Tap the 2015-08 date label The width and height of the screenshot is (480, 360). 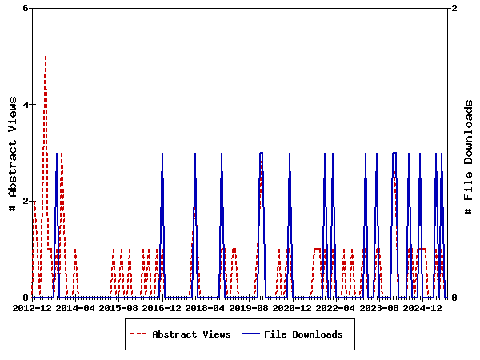(x=118, y=307)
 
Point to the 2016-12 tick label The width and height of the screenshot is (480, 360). (x=162, y=307)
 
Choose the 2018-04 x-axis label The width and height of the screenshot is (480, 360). (x=205, y=307)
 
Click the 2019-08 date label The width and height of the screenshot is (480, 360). (x=249, y=307)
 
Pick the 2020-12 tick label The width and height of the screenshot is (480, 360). (x=292, y=307)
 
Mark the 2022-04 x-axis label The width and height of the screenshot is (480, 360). (x=335, y=307)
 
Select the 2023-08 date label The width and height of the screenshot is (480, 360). (x=379, y=307)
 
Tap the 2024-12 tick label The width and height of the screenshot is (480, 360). (x=422, y=307)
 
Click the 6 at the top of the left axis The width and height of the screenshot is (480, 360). (x=26, y=8)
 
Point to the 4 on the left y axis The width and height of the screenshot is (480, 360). (x=26, y=105)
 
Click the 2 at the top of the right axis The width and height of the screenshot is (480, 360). (x=454, y=8)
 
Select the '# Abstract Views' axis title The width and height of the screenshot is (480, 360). (x=13, y=153)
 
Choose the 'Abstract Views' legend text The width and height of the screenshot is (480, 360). (x=191, y=334)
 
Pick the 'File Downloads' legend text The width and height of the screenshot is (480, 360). (x=303, y=334)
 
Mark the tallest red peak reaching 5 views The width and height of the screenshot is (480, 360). (x=46, y=57)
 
